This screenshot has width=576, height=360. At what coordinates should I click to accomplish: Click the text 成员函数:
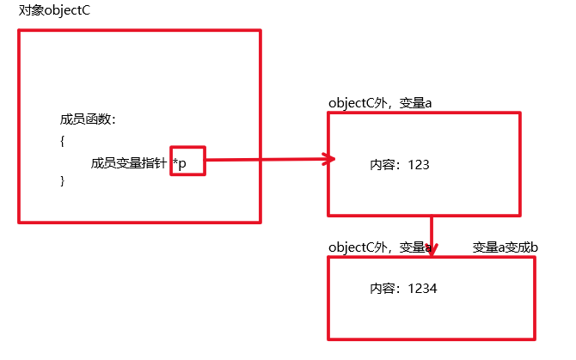coord(87,119)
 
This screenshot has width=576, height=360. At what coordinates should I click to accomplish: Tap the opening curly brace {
coord(63,141)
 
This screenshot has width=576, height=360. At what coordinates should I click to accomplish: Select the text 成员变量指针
coord(128,162)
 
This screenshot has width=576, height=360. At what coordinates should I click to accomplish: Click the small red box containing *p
coord(187,160)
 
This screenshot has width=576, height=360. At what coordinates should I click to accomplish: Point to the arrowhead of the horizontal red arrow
coord(328,158)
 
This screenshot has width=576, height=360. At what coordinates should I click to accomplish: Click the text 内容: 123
coord(399,164)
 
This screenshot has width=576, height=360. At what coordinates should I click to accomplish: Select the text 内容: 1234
coord(403,288)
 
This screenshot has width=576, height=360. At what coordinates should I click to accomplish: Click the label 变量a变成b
coord(506,248)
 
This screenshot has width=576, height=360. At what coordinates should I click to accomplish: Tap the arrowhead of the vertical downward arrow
coord(432,250)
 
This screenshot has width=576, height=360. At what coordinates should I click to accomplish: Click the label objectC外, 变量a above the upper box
coord(379,103)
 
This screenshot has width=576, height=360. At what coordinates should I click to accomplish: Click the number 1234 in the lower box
coord(423,288)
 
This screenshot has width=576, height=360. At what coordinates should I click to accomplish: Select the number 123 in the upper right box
coord(418,164)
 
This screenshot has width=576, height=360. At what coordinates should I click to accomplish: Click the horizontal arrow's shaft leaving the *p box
coord(258,159)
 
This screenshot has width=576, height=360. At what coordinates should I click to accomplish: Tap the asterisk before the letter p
coord(175,161)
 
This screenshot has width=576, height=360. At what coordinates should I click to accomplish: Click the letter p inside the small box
coord(182,162)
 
